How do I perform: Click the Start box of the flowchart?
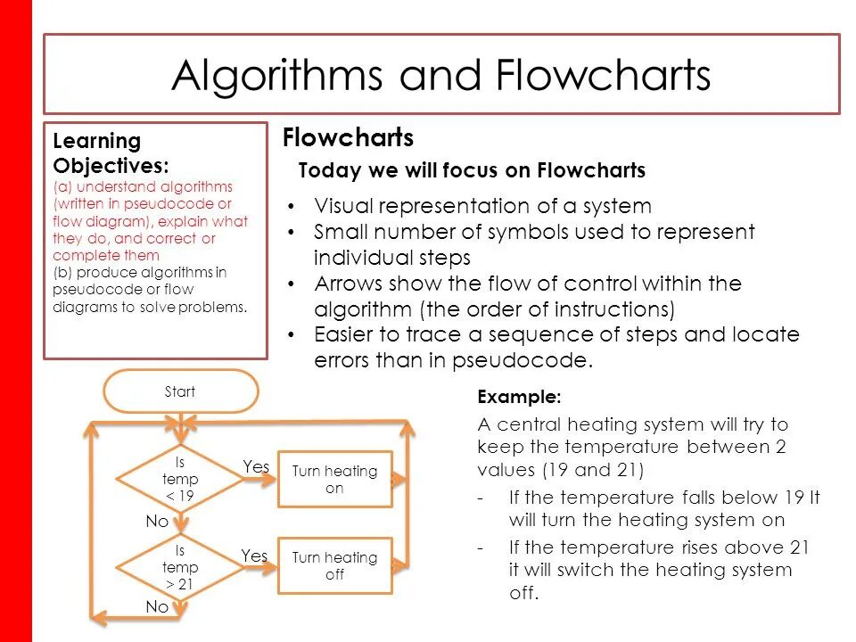(181, 391)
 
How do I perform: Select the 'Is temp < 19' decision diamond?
(180, 480)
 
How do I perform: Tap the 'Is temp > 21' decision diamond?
(180, 567)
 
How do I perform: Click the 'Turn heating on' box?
(334, 480)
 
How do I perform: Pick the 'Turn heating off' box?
(334, 566)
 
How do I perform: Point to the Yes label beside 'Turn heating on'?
(256, 466)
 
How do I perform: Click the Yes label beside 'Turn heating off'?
(254, 556)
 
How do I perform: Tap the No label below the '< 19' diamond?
(157, 522)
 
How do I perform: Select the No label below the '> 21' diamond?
(157, 606)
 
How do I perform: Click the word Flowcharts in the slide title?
(604, 76)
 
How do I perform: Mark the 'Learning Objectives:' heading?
(111, 153)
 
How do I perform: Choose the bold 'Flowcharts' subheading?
(348, 138)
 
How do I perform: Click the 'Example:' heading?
(520, 397)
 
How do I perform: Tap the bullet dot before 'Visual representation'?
(293, 207)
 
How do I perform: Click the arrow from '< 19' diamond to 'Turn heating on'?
(259, 480)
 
